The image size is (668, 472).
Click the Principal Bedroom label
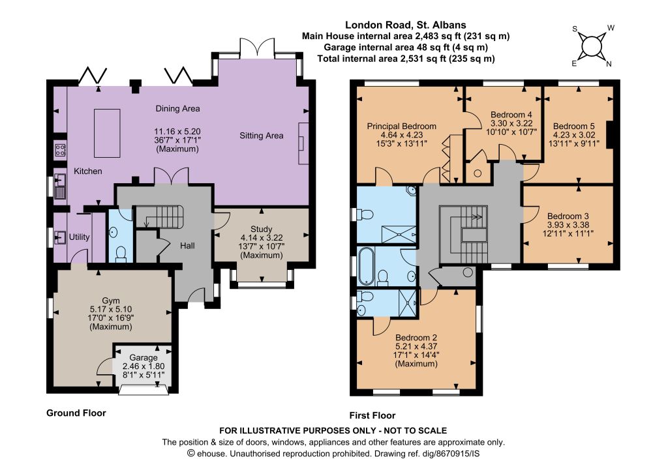click(401, 126)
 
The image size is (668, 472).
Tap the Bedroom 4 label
click(511, 115)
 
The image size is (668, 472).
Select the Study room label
click(261, 229)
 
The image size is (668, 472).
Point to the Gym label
click(111, 301)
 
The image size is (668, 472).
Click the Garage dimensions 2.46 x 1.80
click(144, 366)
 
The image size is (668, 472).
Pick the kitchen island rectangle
click(107, 133)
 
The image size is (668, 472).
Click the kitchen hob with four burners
click(60, 149)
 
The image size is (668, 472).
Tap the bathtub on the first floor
click(366, 267)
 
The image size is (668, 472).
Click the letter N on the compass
click(609, 64)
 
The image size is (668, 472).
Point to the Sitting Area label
click(261, 136)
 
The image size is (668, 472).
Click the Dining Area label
click(177, 108)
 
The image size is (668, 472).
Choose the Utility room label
click(79, 237)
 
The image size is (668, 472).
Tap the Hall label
click(187, 246)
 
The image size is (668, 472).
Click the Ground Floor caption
click(76, 413)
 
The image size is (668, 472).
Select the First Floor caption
click(372, 415)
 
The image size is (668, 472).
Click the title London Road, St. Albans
click(406, 25)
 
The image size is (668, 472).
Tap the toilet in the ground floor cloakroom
click(121, 253)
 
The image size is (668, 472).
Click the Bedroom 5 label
click(574, 126)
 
